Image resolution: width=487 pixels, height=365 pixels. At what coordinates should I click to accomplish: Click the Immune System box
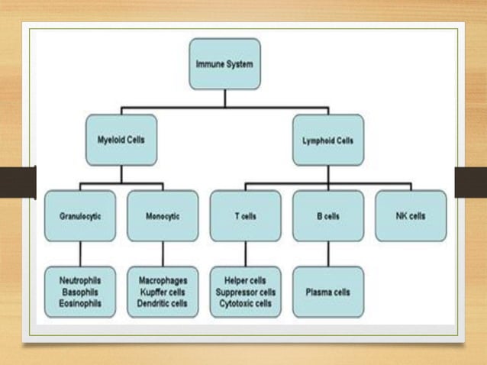[x=224, y=64]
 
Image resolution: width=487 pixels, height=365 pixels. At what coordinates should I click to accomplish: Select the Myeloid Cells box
[x=121, y=141]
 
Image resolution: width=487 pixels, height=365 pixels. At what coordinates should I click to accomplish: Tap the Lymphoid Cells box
[x=328, y=141]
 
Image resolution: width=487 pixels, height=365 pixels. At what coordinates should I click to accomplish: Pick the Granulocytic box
[x=80, y=216]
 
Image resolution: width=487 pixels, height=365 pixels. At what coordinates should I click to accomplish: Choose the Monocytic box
[x=163, y=216]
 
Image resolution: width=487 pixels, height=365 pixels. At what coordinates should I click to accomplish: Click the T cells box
[x=245, y=216]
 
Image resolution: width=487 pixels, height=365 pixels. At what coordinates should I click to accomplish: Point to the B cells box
[x=328, y=216]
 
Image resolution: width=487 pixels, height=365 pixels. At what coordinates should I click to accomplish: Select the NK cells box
[x=411, y=216]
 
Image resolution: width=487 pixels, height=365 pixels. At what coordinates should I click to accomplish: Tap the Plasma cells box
[x=328, y=292]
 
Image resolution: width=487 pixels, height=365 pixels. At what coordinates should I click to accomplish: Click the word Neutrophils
[x=80, y=280]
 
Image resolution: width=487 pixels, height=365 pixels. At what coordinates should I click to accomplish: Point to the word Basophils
[x=80, y=292]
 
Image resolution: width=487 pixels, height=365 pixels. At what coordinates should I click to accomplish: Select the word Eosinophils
[x=80, y=303]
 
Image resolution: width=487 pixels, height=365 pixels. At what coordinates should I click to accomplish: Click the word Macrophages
[x=163, y=280]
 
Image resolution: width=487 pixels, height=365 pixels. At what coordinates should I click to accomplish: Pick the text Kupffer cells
[x=163, y=292]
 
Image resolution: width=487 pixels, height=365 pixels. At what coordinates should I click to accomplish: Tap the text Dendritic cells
[x=163, y=303]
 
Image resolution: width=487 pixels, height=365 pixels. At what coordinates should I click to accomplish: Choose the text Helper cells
[x=245, y=280]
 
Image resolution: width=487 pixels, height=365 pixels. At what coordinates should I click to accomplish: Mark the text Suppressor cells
[x=245, y=292]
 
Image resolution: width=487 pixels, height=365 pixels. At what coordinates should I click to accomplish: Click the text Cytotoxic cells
[x=245, y=303]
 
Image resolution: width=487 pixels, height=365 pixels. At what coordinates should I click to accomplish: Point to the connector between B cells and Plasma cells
[x=328, y=254]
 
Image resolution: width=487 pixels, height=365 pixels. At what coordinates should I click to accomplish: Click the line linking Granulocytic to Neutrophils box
[x=80, y=254]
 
